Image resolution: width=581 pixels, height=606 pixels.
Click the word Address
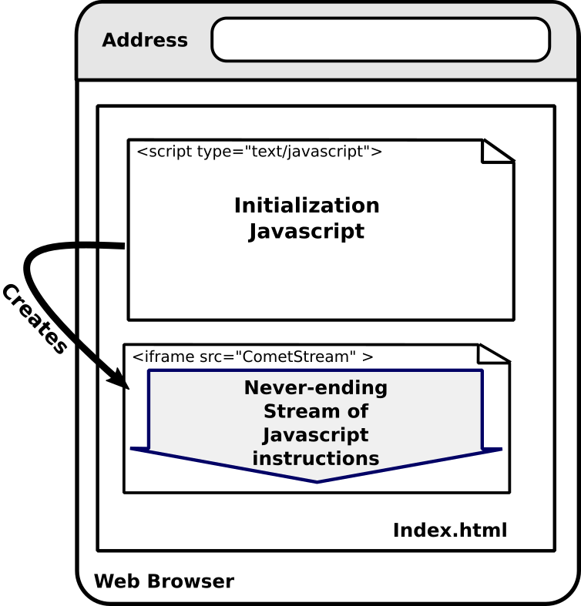(145, 40)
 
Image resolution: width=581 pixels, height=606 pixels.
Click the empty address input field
(380, 39)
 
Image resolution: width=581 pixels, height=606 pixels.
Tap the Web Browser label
(163, 581)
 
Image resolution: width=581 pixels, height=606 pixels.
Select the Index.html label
(450, 531)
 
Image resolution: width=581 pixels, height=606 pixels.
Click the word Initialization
(307, 206)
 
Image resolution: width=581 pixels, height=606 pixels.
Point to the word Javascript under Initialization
(307, 231)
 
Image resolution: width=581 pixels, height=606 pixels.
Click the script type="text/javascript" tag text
(259, 152)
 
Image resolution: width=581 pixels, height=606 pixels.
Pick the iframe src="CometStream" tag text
(253, 357)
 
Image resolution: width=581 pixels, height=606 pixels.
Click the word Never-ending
(316, 388)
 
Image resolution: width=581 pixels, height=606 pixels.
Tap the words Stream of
(316, 411)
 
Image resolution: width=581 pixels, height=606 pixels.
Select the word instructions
(316, 459)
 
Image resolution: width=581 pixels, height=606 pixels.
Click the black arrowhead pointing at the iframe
(118, 378)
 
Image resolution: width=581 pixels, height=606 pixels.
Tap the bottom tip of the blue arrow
(317, 480)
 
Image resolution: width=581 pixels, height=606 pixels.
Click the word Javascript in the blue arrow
(316, 435)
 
